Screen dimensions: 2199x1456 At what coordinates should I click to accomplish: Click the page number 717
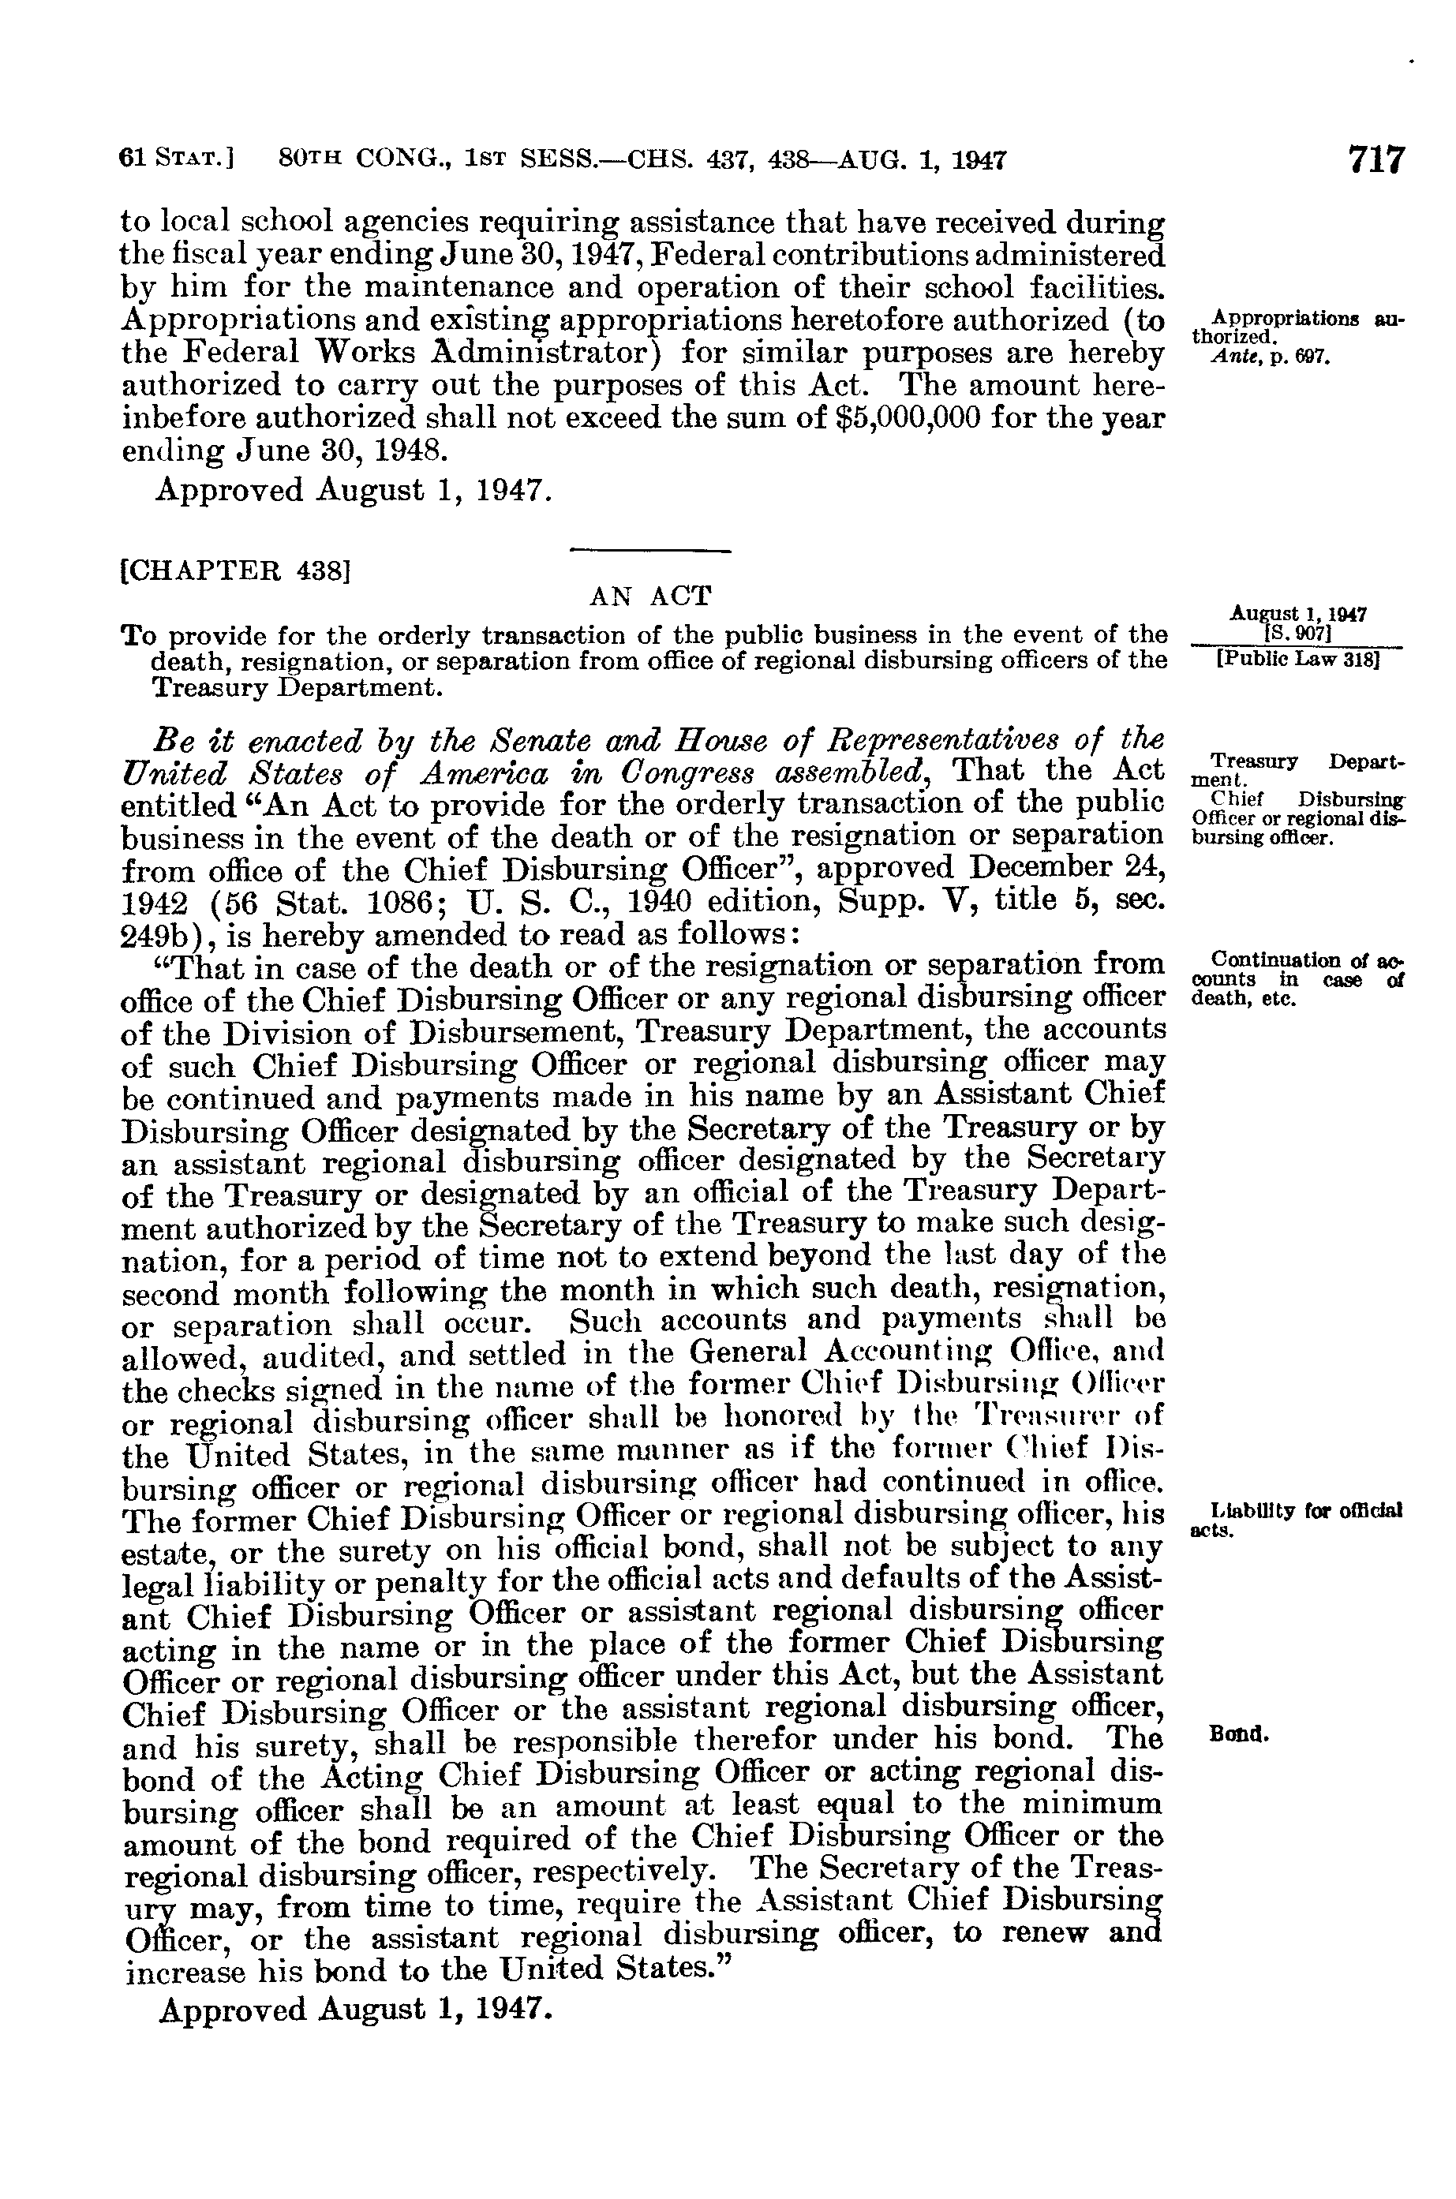(1377, 159)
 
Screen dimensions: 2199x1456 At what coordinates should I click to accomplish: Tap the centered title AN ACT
(651, 595)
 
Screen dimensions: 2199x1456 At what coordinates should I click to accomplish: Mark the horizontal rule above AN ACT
(650, 554)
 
